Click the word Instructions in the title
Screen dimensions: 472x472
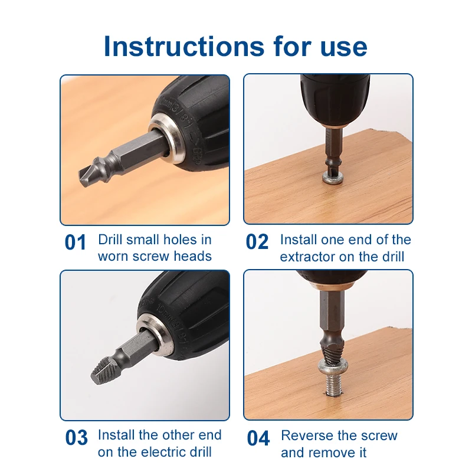[x=184, y=47]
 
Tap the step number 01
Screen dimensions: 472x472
[x=76, y=242]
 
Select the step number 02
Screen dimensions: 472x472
[x=257, y=242]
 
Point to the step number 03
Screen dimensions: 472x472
[x=77, y=438]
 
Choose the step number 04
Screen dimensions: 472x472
[x=258, y=438]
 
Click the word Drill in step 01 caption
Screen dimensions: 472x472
[x=110, y=240]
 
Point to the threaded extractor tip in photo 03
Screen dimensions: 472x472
[x=103, y=371]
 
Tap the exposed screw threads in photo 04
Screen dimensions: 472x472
[x=333, y=383]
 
